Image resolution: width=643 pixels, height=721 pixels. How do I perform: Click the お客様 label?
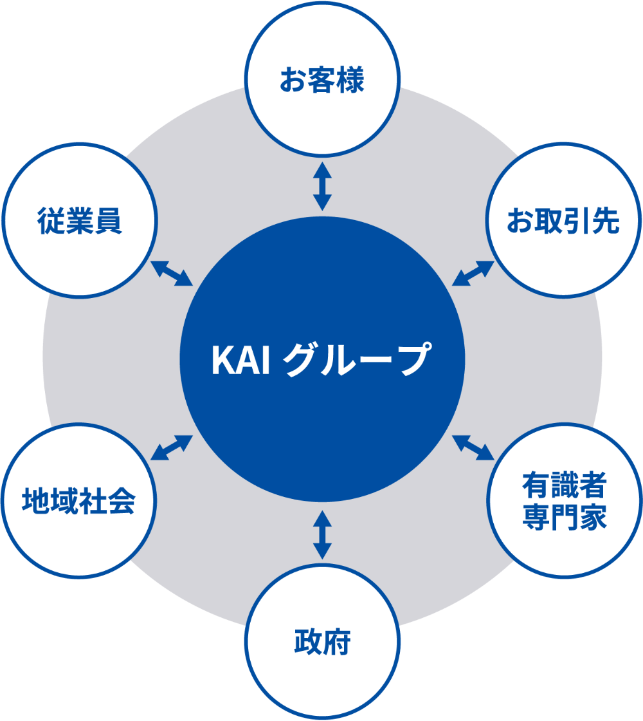(322, 81)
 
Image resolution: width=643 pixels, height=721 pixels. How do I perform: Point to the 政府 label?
(322, 642)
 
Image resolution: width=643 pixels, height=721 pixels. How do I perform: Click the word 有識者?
(564, 485)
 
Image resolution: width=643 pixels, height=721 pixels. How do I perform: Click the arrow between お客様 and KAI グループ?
(322, 186)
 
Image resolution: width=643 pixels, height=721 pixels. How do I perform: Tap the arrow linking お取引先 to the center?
(473, 273)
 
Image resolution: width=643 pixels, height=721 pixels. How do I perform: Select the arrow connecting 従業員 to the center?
(171, 273)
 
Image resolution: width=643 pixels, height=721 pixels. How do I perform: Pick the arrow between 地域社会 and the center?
(171, 447)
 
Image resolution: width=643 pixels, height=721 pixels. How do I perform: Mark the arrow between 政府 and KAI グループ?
(322, 534)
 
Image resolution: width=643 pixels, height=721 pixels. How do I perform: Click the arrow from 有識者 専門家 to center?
(473, 447)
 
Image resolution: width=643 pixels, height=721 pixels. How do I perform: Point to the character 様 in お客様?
(351, 81)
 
